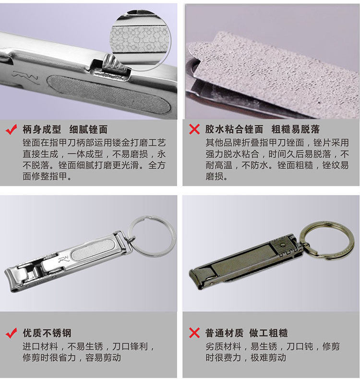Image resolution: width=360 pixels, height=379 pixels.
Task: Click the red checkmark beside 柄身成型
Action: [x=11, y=129]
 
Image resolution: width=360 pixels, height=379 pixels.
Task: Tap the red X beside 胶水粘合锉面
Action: [x=194, y=129]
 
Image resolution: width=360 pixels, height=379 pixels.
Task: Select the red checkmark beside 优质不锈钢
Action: [x=11, y=333]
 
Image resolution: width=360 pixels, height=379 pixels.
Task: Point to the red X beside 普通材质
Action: [x=194, y=333]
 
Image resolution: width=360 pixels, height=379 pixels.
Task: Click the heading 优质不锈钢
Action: [x=47, y=333]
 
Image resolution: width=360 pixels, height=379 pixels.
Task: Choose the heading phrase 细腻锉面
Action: [x=88, y=130]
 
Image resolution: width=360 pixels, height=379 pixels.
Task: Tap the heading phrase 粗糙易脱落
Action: [x=295, y=129]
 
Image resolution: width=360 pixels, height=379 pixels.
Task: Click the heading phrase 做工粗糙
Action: [x=268, y=333]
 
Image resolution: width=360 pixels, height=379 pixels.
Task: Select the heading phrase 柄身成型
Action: [x=42, y=130]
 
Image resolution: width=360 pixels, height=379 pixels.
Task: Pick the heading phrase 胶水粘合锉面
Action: [x=234, y=129]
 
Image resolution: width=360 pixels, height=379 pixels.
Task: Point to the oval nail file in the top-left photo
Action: [x=109, y=94]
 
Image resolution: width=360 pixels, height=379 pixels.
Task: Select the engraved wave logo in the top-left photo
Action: [x=26, y=78]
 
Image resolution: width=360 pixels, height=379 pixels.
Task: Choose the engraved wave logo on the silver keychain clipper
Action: [x=63, y=259]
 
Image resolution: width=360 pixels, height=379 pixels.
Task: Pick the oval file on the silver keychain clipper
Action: [x=93, y=250]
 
